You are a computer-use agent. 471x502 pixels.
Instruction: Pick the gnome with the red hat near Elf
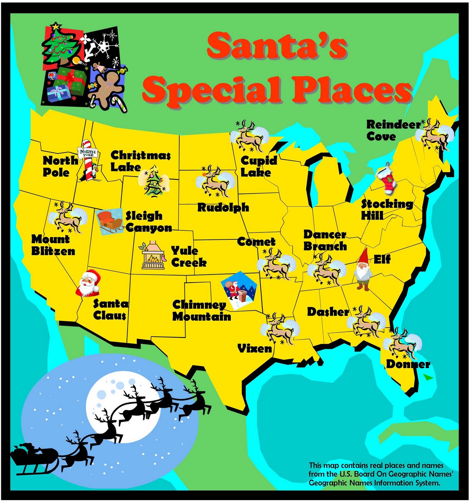click(363, 270)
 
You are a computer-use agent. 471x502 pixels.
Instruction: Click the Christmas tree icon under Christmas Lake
click(153, 182)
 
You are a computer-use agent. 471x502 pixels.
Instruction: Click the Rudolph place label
click(223, 208)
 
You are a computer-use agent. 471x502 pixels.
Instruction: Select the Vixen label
click(254, 349)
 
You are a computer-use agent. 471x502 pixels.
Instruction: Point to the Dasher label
click(328, 312)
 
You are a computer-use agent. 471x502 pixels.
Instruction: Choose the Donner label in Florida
click(408, 364)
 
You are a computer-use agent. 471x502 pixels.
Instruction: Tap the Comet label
click(256, 242)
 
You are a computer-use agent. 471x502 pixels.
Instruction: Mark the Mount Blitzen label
click(53, 245)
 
